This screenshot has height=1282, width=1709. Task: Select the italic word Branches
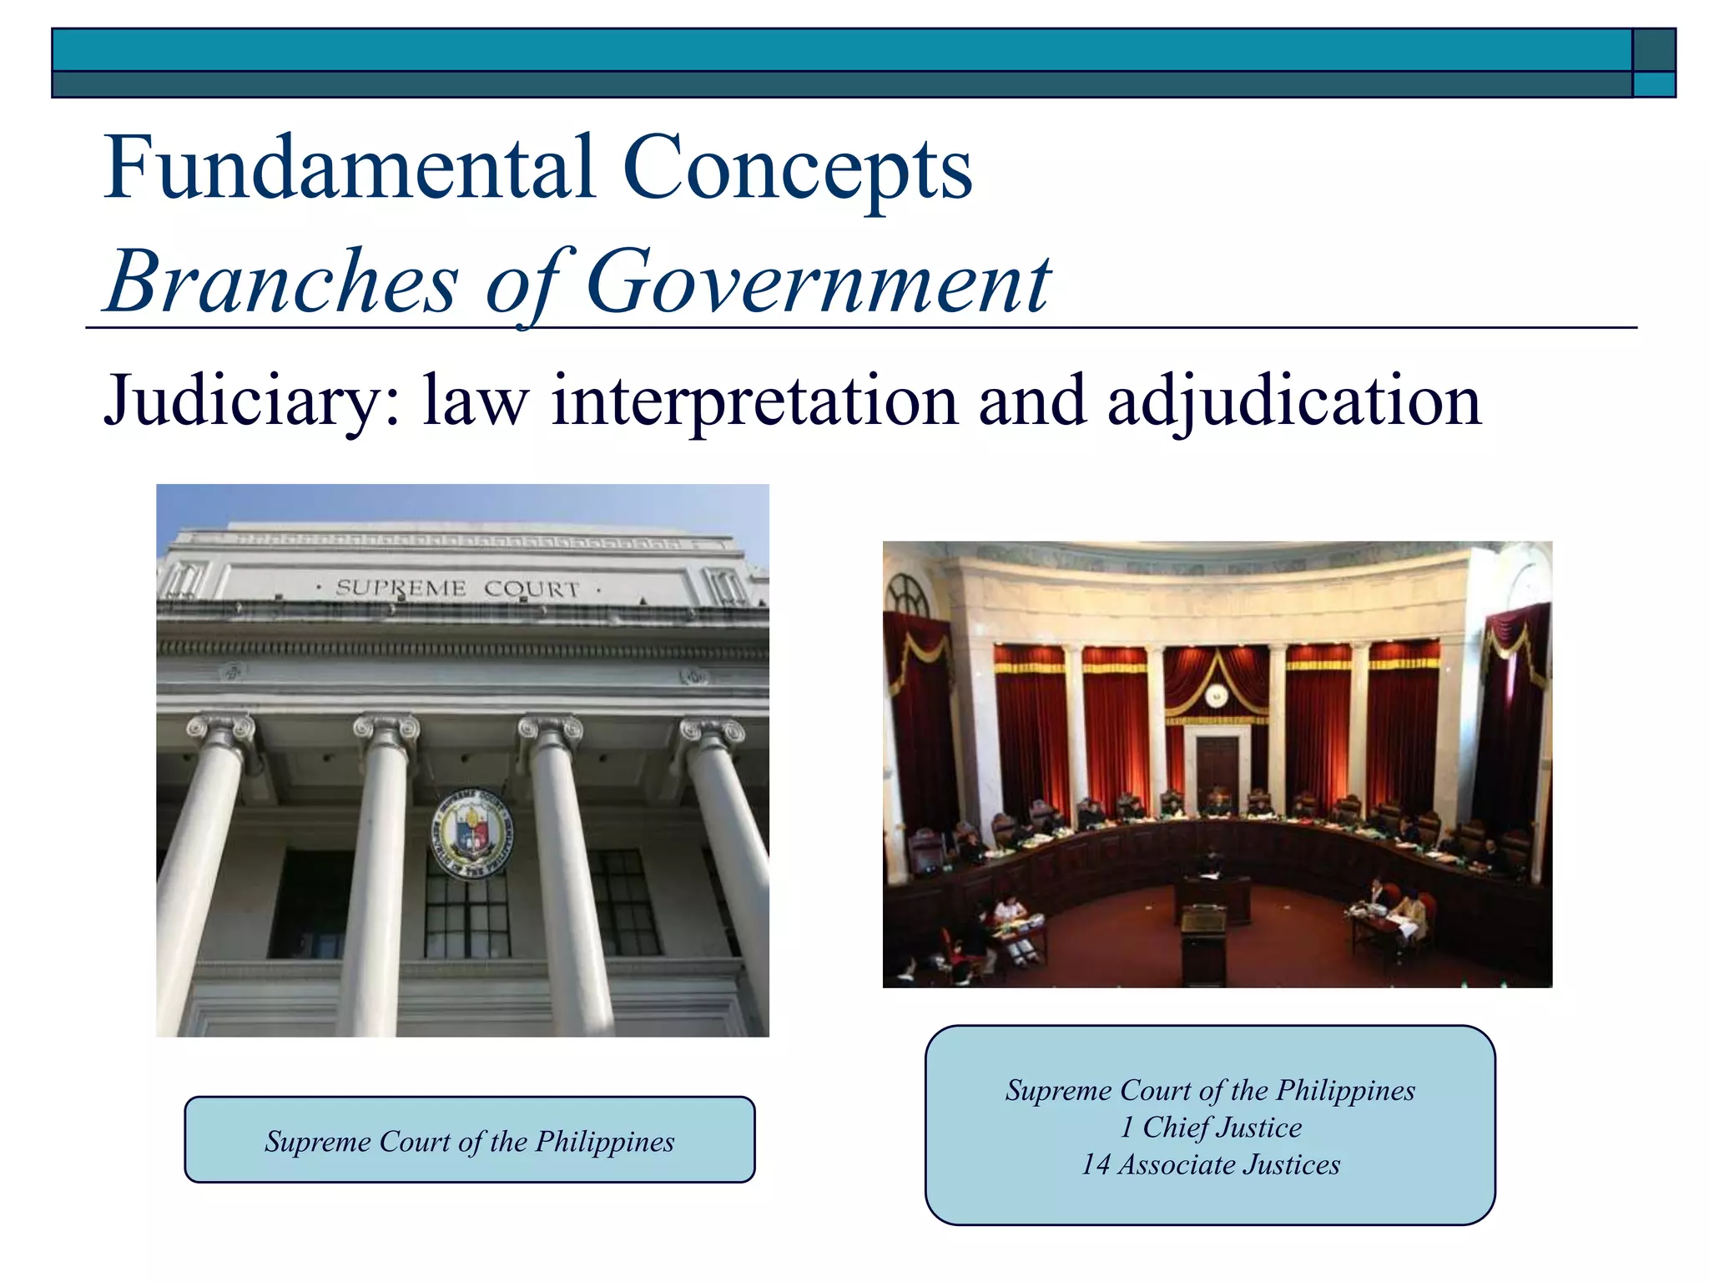point(282,282)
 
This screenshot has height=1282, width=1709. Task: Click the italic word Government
point(818,282)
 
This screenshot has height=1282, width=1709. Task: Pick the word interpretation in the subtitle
point(755,401)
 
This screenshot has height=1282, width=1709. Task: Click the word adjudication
point(1293,401)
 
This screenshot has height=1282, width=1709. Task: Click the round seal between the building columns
point(472,833)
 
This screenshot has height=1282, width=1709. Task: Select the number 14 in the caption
point(1096,1164)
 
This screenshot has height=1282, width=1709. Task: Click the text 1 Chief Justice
point(1210,1127)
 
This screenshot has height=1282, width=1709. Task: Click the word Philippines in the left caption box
point(604,1141)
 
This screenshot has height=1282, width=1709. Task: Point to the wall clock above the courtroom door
point(1217,694)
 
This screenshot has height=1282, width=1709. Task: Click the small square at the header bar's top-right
point(1653,50)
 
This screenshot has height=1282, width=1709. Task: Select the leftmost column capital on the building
point(221,730)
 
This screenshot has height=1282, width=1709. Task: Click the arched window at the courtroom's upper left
point(907,594)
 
